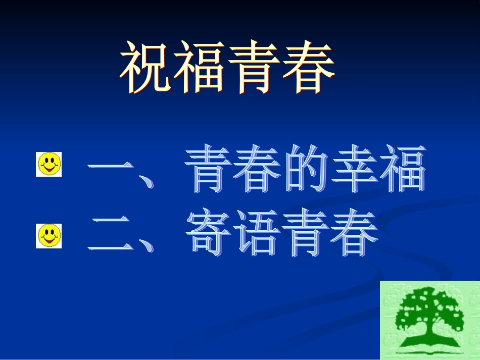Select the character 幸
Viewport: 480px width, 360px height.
[x=354, y=169]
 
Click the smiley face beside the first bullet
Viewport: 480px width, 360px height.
[x=49, y=164]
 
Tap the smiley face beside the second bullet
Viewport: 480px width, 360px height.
[x=49, y=236]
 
